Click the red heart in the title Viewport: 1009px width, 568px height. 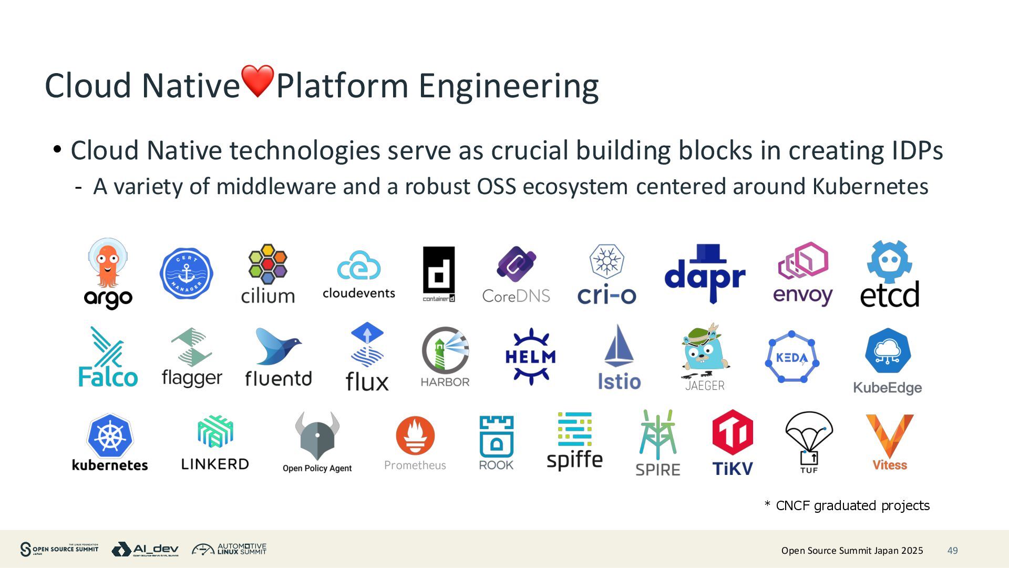coord(258,81)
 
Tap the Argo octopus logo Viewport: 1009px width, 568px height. coord(107,263)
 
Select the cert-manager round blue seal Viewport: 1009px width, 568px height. coord(186,274)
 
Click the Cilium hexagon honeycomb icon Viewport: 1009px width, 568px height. coord(267,263)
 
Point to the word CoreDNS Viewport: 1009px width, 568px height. coord(516,296)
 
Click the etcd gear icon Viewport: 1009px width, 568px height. coord(889,261)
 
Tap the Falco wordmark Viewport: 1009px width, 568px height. coord(108,377)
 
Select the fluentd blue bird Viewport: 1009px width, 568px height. coord(277,347)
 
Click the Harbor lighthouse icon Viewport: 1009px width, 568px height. coord(445,350)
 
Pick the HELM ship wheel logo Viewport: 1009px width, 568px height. coord(530,357)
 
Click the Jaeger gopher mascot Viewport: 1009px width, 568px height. coord(704,350)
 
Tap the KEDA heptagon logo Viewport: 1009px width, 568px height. coord(791,358)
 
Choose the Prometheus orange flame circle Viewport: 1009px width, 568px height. coord(415,435)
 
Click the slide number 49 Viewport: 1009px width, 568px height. coord(952,551)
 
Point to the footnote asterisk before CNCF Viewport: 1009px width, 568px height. coord(767,505)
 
